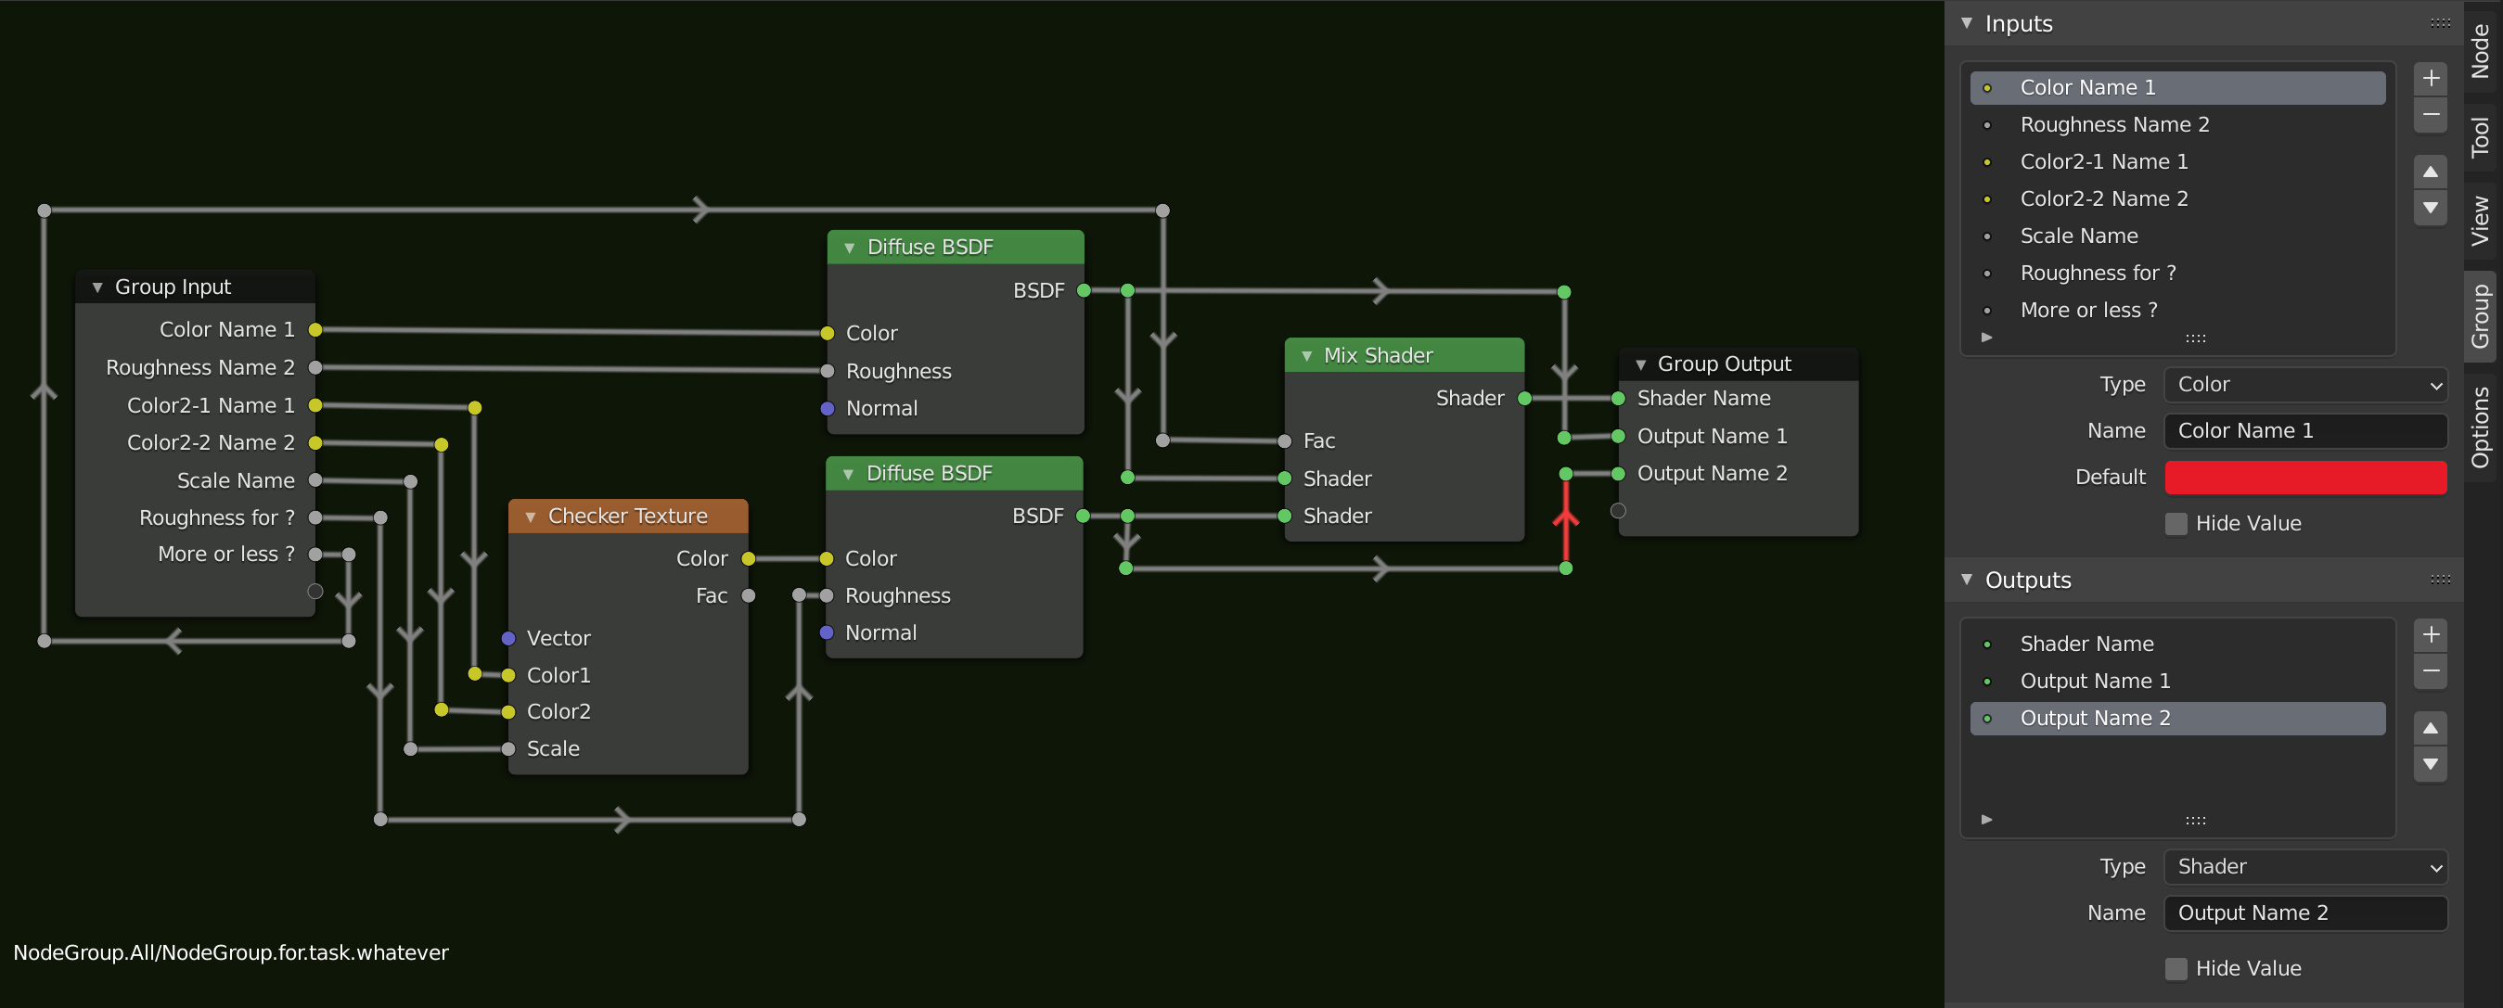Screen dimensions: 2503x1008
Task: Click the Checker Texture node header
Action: pos(628,516)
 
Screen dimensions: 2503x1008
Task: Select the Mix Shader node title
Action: pos(1378,355)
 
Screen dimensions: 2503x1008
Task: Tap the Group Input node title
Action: pos(173,287)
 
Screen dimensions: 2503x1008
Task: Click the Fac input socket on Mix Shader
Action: pos(1285,440)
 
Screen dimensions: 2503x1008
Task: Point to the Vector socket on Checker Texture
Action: pos(508,638)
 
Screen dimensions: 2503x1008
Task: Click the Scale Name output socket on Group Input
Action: pos(314,479)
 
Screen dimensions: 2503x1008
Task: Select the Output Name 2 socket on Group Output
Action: pos(1618,474)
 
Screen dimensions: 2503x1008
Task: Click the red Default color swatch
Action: pos(2304,477)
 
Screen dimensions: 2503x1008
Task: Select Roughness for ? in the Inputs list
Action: pos(2098,273)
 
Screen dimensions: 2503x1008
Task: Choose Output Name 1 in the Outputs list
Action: pos(2095,681)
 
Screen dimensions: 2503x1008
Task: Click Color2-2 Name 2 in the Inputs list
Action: pos(2104,198)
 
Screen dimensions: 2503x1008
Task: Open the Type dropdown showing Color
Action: pos(2304,385)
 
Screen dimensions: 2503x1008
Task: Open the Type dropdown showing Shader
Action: pos(2304,866)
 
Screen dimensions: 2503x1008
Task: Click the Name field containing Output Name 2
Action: pos(2304,912)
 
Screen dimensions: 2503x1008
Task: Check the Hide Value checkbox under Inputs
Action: pos(2176,523)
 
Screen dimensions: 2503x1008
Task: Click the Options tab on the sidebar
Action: pos(2481,427)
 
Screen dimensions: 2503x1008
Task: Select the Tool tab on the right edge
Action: pos(2481,137)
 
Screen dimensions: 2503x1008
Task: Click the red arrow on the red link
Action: pos(1565,516)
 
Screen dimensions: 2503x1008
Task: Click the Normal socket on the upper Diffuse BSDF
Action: pos(827,409)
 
